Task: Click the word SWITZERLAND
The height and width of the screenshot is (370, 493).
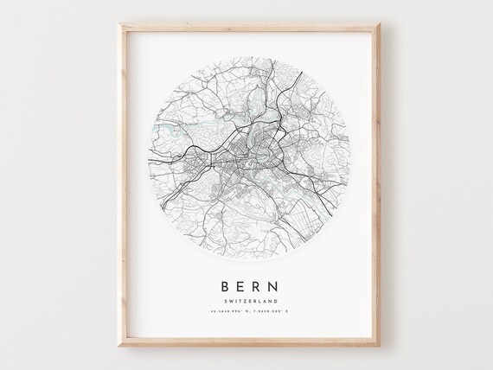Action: [246, 302]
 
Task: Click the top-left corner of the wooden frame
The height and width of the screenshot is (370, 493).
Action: [115, 32]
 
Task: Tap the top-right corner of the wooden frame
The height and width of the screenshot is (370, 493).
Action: [379, 32]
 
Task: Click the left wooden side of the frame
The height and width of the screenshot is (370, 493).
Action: [117, 190]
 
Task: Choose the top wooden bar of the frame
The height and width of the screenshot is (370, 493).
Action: [246, 34]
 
